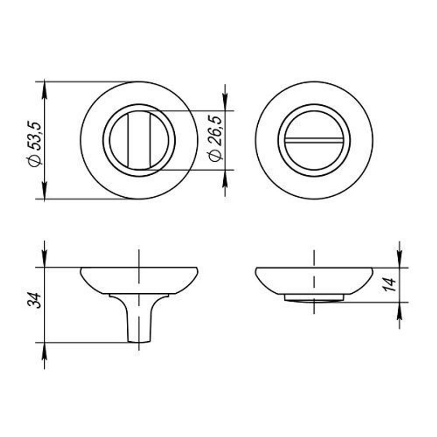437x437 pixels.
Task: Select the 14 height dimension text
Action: [x=390, y=284]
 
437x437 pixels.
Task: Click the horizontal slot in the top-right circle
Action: [x=314, y=140]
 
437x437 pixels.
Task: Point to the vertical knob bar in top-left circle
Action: [x=139, y=140]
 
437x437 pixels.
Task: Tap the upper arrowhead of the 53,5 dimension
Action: [x=45, y=90]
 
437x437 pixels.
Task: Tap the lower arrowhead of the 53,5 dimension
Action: [x=45, y=191]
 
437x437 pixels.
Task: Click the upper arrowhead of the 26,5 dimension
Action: [x=225, y=103]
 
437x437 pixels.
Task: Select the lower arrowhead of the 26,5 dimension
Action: [x=225, y=177]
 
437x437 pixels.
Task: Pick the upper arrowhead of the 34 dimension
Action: [x=45, y=259]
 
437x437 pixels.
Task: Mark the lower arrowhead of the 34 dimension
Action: [x=45, y=350]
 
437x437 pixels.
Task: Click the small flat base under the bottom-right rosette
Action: [x=314, y=298]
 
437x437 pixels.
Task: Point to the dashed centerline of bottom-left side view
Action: [x=139, y=262]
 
